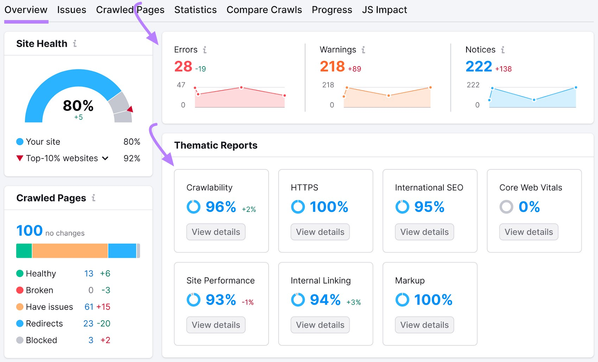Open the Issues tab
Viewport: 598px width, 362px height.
[71, 10]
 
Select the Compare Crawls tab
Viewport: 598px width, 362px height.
[264, 10]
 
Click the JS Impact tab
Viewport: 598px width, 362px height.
[384, 10]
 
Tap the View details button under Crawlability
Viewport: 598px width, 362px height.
[216, 232]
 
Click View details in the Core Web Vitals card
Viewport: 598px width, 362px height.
[528, 232]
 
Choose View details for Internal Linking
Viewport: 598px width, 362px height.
[320, 325]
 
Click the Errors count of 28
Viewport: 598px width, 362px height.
[183, 67]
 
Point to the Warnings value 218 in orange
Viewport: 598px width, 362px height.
[332, 67]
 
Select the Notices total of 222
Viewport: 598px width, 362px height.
[478, 67]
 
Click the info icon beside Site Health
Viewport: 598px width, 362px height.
[75, 44]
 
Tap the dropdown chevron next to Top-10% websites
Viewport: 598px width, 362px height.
[105, 158]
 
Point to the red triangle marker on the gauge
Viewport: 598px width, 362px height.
[130, 109]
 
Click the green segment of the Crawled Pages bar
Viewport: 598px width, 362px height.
[24, 251]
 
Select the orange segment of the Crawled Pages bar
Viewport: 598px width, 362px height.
[70, 251]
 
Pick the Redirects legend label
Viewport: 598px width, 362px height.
[44, 323]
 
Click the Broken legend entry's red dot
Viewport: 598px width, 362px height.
[20, 290]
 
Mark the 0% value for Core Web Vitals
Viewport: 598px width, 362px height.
[529, 207]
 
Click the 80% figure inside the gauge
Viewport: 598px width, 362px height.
[78, 106]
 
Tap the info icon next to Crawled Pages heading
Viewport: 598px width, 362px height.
[93, 198]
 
